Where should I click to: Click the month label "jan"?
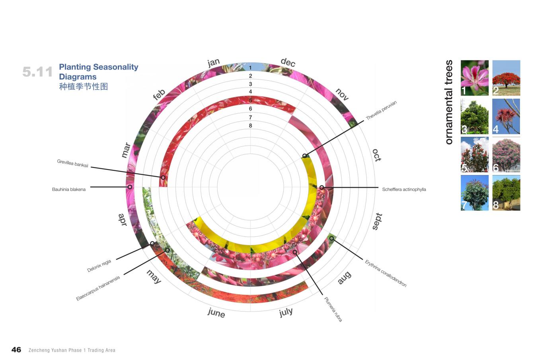[x=214, y=62]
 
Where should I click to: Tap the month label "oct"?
[x=376, y=155]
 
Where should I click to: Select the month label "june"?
[x=216, y=313]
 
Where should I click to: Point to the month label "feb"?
[x=159, y=95]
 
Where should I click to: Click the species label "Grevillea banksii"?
[x=72, y=163]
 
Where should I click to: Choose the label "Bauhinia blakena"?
[x=69, y=189]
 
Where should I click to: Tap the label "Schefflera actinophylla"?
[x=404, y=189]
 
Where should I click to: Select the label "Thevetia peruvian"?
[x=381, y=111]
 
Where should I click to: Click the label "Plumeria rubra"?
[x=333, y=309]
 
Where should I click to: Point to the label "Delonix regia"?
[x=99, y=266]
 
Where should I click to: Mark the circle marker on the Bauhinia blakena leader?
[x=130, y=187]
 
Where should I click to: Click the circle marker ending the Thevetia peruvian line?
[x=305, y=156]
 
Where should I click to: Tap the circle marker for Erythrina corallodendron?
[x=331, y=239]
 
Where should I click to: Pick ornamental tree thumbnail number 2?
[x=506, y=78]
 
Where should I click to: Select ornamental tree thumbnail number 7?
[x=475, y=193]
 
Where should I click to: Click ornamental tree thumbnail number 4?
[x=506, y=117]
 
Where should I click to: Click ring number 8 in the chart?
[x=250, y=126]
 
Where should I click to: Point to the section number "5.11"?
[x=37, y=72]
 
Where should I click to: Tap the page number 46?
[x=16, y=350]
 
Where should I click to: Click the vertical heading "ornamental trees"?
[x=449, y=102]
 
